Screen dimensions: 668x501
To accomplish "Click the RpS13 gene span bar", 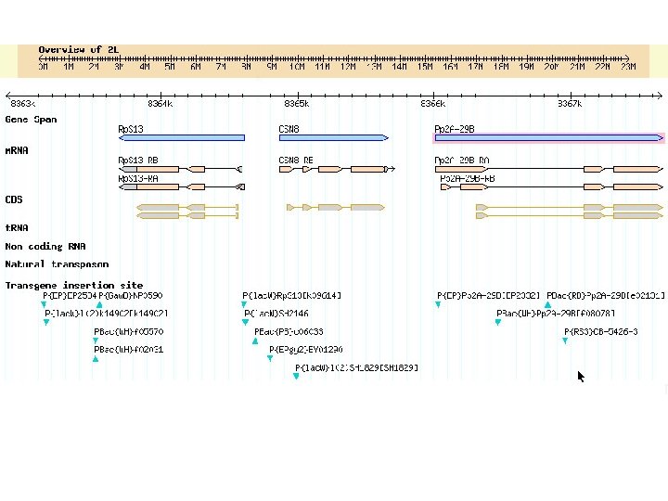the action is [x=182, y=137].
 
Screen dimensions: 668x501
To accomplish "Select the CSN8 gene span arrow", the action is [x=333, y=137].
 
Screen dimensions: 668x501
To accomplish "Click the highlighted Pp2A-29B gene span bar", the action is [x=548, y=137].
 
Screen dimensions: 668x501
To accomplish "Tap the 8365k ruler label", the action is [x=297, y=104].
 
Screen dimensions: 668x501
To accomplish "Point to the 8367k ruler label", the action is [x=570, y=104].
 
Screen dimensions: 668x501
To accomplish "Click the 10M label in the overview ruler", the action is [x=297, y=67].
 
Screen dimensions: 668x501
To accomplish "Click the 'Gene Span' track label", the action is [x=31, y=120].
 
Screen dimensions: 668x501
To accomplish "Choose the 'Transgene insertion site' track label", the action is [x=73, y=285].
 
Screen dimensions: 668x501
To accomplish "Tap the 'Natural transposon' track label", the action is [x=57, y=264].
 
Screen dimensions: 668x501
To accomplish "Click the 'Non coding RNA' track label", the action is [x=45, y=247].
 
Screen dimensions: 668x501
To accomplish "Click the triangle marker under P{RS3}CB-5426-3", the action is [x=564, y=341].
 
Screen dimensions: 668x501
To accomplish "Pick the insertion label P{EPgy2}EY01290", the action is [x=306, y=350].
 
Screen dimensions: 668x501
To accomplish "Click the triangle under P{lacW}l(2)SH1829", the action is [x=297, y=377].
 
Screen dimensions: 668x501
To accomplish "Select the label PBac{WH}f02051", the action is [x=129, y=350].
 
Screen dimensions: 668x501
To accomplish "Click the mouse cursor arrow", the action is [x=581, y=375].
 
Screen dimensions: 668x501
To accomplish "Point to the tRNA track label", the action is [x=17, y=227].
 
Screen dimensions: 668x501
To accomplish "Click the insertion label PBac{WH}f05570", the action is [x=129, y=331].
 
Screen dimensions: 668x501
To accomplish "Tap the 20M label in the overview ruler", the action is [x=551, y=67].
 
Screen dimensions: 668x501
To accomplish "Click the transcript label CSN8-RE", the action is [x=296, y=161].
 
